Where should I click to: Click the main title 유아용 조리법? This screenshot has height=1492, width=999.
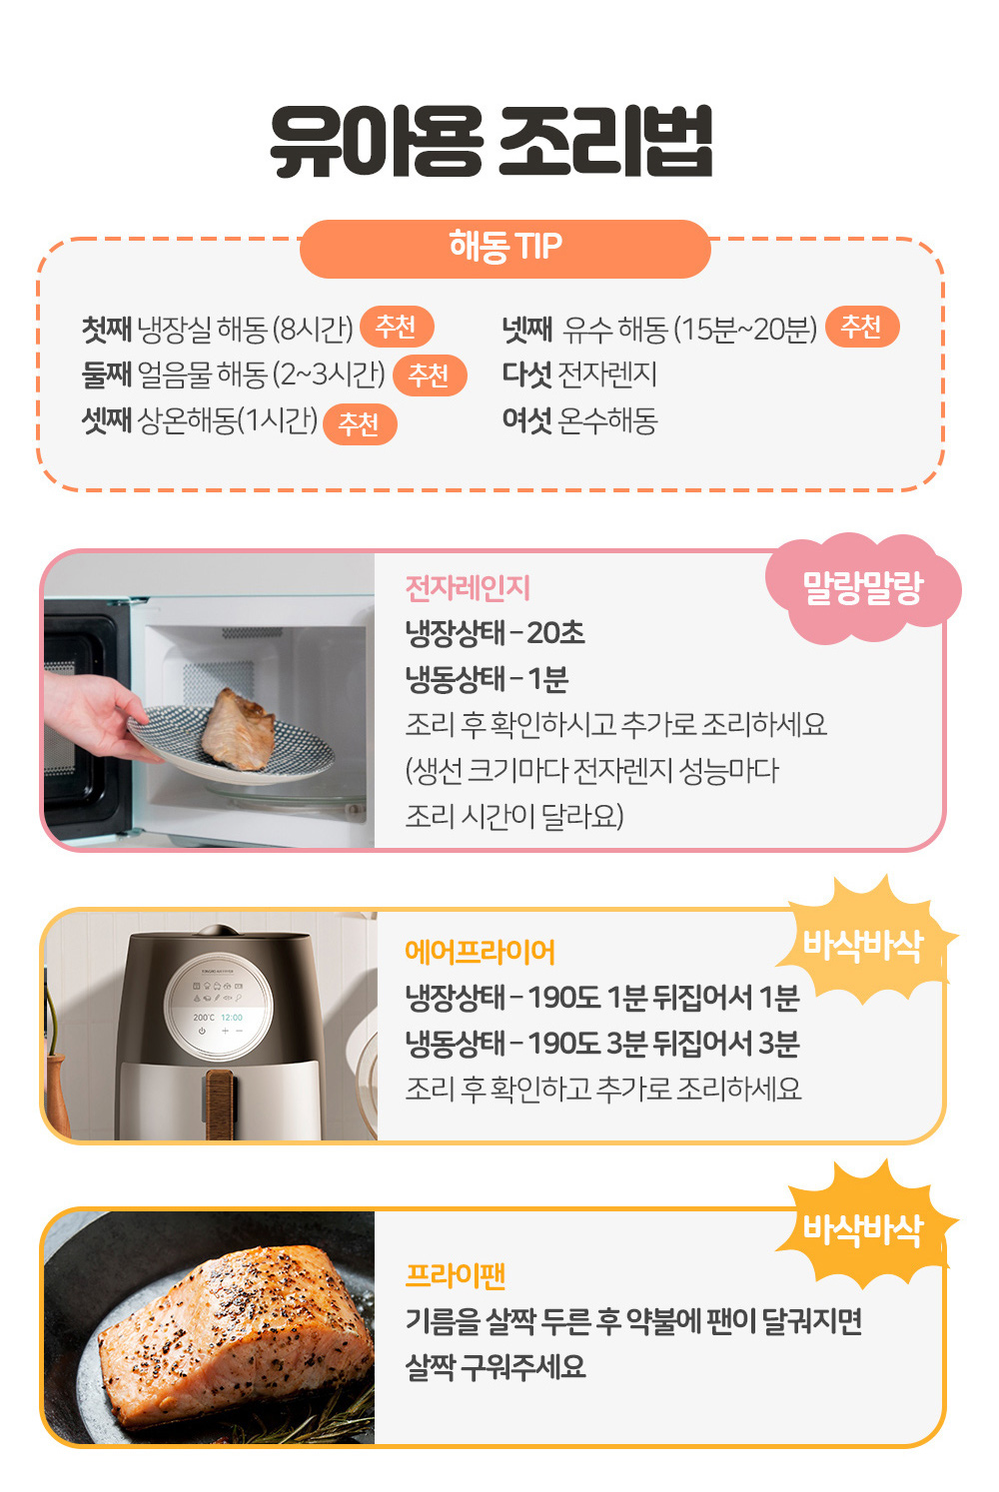tap(492, 141)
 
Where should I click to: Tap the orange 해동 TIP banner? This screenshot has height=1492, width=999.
tap(505, 249)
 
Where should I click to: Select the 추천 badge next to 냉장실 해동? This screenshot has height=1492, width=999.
tap(397, 327)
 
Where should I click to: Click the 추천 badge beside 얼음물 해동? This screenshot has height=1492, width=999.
tap(430, 375)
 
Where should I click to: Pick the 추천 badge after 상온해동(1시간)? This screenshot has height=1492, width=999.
tap(360, 423)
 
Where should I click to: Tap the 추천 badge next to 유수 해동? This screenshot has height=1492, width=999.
tap(862, 327)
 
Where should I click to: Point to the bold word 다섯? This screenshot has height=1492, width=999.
tap(526, 374)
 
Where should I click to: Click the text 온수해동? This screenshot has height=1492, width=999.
tap(607, 421)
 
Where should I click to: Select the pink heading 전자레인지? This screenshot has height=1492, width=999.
tap(468, 588)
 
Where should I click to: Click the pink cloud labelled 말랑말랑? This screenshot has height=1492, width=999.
tap(863, 588)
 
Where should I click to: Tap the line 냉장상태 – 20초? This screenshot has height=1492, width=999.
tap(496, 633)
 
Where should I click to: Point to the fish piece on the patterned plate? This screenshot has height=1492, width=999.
tap(238, 729)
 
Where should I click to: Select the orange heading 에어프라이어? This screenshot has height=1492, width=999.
tap(480, 952)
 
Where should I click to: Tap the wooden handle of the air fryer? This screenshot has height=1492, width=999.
tap(219, 1105)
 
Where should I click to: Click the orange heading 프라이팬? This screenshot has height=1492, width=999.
tap(456, 1275)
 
